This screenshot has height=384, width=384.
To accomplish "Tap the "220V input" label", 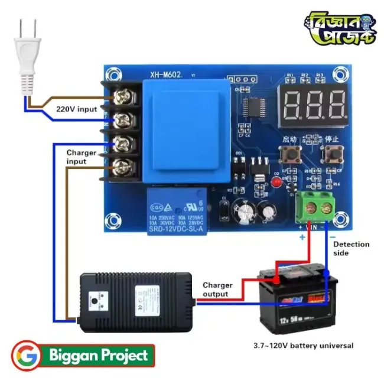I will (x=76, y=109).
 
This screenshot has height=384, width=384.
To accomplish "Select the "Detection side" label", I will (x=351, y=248).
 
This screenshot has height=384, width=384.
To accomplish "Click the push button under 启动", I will (x=289, y=155).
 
